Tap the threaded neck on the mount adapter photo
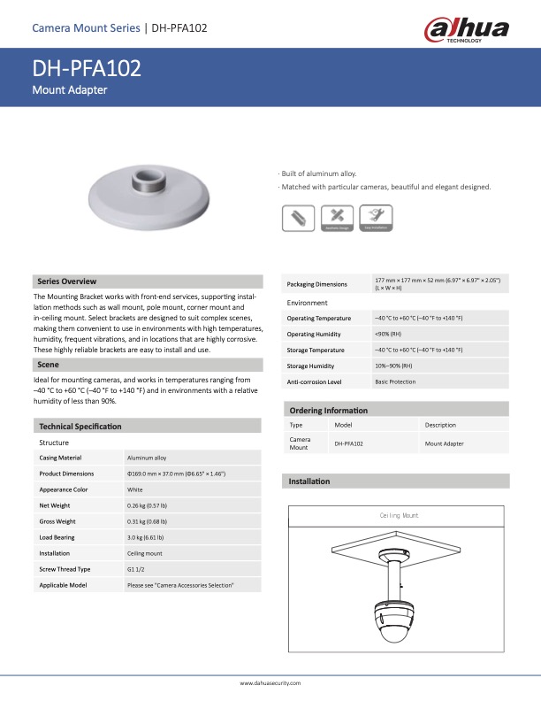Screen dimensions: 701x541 [145, 184]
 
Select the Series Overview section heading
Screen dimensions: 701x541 [66, 281]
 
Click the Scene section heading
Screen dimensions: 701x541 [49, 365]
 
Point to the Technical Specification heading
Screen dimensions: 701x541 [80, 427]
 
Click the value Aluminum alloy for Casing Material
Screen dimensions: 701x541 [147, 458]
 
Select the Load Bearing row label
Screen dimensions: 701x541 [57, 537]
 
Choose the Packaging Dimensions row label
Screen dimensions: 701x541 [317, 284]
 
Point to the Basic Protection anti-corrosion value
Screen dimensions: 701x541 [395, 381]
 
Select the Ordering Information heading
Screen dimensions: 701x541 [329, 411]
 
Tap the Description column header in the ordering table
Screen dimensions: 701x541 [440, 425]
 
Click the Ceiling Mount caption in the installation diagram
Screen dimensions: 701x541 [400, 515]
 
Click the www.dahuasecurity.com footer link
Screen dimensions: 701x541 [270, 683]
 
